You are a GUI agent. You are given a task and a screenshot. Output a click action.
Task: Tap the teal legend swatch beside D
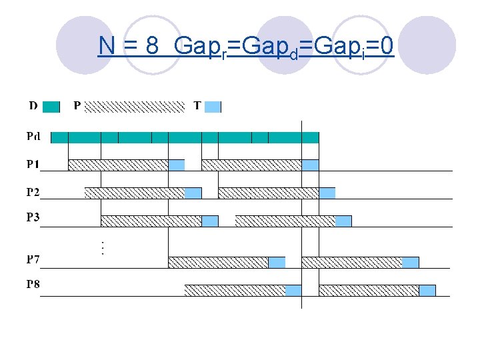51,106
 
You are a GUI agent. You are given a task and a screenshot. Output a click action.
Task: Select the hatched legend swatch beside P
135,106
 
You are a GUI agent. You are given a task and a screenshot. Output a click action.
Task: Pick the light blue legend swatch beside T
212,106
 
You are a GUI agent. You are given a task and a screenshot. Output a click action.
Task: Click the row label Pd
33,137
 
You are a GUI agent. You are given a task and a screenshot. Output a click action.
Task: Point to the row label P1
33,164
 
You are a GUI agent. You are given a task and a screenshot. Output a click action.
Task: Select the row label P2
33,193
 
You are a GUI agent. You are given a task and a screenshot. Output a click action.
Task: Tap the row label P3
33,217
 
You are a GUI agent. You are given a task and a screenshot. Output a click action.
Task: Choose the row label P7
33,259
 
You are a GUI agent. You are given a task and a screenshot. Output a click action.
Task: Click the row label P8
33,285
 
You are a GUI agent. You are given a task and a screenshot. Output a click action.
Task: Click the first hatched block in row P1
118,165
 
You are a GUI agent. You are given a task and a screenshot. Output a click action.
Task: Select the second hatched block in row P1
251,165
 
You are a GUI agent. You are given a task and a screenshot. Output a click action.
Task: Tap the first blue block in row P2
193,193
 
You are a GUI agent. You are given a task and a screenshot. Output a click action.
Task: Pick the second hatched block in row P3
285,221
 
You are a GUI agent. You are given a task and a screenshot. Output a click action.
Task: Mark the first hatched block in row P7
218,262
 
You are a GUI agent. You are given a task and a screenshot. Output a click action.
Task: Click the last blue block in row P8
427,290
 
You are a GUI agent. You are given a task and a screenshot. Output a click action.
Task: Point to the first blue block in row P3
210,221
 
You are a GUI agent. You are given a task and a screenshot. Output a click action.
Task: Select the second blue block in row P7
411,262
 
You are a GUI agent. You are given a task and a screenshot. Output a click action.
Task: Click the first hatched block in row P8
235,290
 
